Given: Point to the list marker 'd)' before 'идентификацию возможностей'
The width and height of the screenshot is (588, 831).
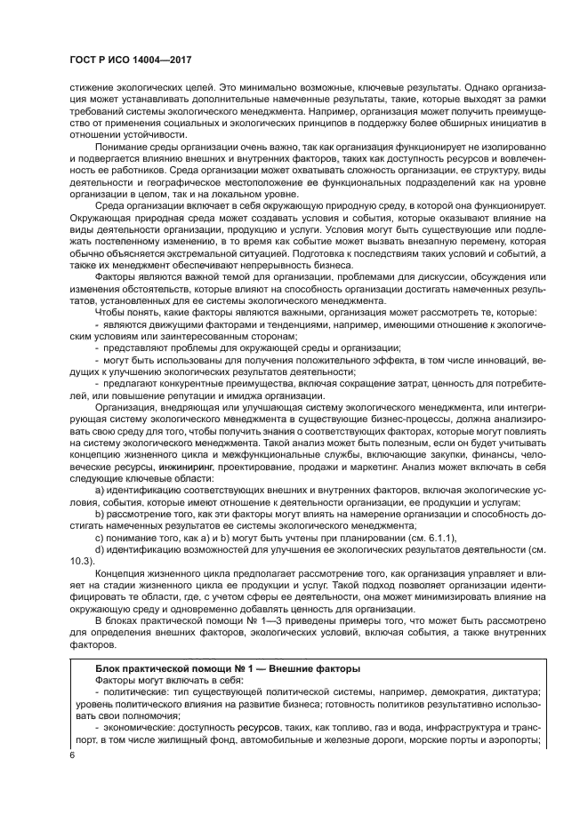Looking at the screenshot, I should [100, 550].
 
